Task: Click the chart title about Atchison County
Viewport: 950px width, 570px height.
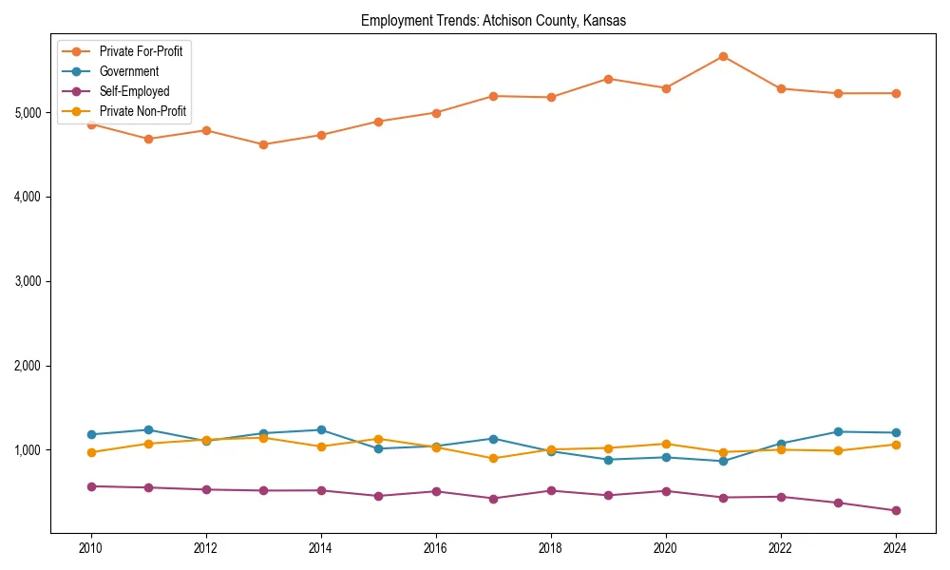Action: pos(493,21)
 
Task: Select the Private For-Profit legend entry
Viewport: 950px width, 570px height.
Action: pos(141,51)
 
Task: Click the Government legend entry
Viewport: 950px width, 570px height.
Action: pos(128,71)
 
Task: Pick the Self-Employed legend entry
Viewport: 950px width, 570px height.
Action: pos(134,91)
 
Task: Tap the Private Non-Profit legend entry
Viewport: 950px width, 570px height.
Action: pos(142,112)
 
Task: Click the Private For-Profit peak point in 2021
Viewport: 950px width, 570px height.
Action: pos(723,56)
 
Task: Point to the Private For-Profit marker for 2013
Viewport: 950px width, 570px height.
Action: pos(263,144)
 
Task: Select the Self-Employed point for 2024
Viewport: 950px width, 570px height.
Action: pos(896,511)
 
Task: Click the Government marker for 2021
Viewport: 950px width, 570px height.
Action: pos(723,461)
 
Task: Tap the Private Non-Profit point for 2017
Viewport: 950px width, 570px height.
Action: pos(493,458)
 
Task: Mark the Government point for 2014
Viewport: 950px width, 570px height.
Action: pos(321,429)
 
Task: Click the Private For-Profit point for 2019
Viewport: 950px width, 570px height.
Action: pos(608,79)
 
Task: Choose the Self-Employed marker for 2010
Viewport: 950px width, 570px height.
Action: pos(91,486)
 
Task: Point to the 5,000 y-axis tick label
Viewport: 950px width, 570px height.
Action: pos(28,112)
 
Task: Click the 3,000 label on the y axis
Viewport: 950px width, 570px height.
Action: pos(28,281)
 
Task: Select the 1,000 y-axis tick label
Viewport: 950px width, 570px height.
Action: pos(28,450)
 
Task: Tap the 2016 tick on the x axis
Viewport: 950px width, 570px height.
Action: pos(436,548)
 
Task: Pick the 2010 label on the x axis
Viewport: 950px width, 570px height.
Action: pos(91,548)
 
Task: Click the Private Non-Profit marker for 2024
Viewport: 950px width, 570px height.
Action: pos(896,445)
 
